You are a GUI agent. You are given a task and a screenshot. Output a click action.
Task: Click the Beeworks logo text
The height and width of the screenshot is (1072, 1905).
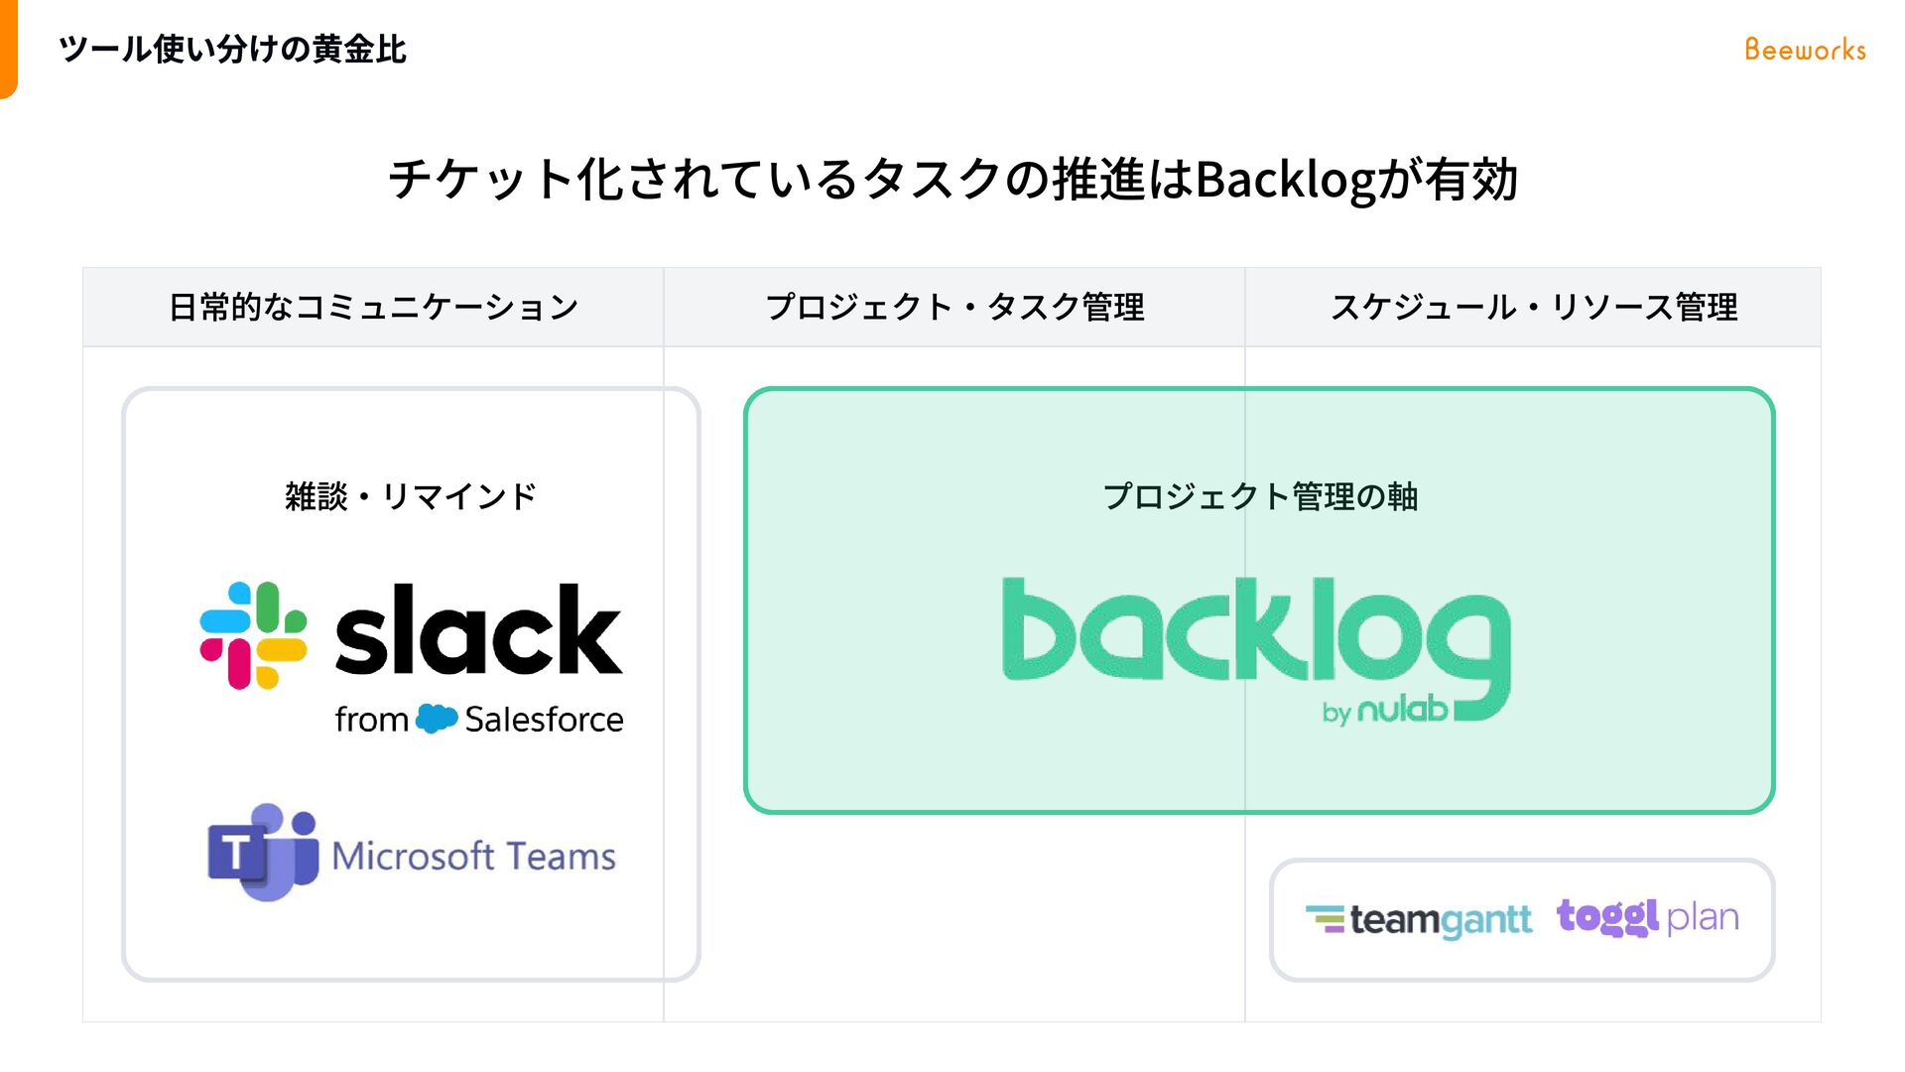click(1805, 50)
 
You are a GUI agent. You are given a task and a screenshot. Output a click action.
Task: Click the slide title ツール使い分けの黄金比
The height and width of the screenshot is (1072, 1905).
click(232, 50)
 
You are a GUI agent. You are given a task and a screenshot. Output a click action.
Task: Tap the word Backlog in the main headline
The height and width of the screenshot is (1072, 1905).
click(1286, 181)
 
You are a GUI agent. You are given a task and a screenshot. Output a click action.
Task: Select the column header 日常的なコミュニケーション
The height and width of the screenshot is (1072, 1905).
click(373, 308)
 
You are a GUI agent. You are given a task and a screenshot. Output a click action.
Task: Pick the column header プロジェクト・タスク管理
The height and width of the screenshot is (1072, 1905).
click(954, 308)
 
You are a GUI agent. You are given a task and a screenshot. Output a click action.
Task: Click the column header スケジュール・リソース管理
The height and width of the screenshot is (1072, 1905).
click(1534, 308)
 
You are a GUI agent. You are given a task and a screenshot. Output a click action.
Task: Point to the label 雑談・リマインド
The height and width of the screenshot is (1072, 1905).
click(411, 496)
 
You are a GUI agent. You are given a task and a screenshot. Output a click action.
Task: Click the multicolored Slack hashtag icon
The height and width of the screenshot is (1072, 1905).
click(253, 635)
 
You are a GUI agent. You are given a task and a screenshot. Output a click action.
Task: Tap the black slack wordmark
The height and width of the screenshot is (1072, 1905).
click(478, 631)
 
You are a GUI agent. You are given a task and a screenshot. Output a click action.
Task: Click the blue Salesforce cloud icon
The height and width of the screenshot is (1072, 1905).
click(437, 718)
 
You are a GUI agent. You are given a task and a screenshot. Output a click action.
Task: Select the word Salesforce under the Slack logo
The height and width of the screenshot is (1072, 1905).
click(544, 720)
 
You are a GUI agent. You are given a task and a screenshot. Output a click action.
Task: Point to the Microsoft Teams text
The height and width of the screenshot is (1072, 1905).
click(473, 856)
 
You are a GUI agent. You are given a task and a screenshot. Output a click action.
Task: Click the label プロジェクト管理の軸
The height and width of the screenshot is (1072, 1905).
click(1260, 496)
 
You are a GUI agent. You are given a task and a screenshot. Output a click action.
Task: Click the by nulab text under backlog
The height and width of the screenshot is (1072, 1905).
click(1385, 711)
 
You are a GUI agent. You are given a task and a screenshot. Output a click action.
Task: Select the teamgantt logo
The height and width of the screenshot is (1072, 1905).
click(1419, 920)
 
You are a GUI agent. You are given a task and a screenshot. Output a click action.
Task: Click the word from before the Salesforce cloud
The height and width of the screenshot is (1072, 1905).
click(371, 720)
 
